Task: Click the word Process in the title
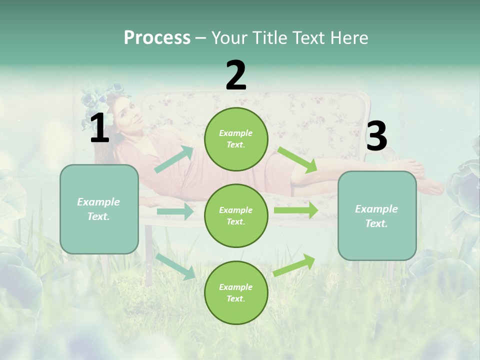tap(157, 38)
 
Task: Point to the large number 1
tap(99, 129)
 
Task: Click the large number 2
tap(236, 75)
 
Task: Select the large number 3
tap(376, 136)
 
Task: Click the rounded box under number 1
tap(99, 209)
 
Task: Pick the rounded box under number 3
tap(377, 216)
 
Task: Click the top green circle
tap(236, 139)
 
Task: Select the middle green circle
tap(236, 215)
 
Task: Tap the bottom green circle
tap(236, 292)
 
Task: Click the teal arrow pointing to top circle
tap(174, 159)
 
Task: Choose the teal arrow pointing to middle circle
tap(175, 211)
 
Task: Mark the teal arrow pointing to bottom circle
tap(175, 266)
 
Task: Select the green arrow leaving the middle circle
tap(295, 210)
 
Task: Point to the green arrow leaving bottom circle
tap(294, 265)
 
